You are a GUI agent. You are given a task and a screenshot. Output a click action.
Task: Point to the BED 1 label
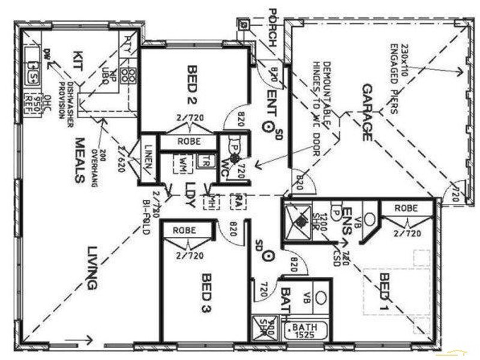[x=386, y=292]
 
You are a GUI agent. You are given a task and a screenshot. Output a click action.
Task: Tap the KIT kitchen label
[x=78, y=62]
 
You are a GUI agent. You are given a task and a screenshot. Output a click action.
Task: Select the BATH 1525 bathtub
[x=308, y=330]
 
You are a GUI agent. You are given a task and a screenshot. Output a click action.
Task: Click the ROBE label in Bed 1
[x=406, y=208]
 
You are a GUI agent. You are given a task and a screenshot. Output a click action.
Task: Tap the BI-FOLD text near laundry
[x=146, y=217]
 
